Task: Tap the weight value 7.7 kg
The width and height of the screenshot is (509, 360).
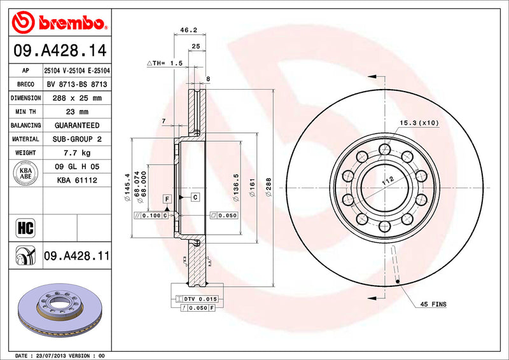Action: coord(76,153)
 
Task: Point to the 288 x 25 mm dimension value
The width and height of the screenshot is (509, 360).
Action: coord(76,98)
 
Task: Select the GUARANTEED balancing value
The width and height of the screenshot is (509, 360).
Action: coord(76,125)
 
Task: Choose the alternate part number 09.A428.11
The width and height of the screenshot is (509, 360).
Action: coord(76,256)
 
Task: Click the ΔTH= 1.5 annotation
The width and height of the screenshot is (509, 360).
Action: coord(165,64)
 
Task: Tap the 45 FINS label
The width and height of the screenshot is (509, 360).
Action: coord(433,305)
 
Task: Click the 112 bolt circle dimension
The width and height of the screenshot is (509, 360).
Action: coord(384,182)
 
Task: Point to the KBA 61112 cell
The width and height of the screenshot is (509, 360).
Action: coord(76,181)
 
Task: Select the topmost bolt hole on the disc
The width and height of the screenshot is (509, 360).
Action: coord(384,149)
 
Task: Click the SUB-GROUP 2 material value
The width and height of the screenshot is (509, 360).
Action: coord(76,139)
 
